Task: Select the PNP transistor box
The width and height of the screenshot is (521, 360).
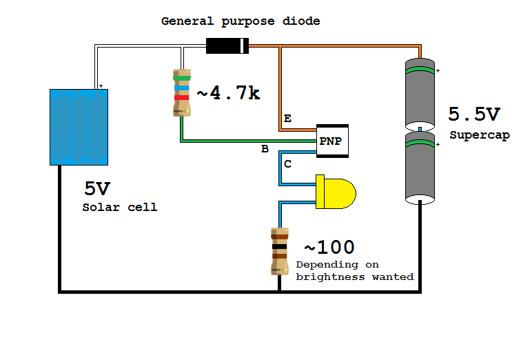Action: pos(332,141)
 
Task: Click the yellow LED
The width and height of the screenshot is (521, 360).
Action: pos(335,192)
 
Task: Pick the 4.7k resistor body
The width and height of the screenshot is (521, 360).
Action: pos(182,93)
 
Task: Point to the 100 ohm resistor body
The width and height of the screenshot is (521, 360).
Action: pos(279,250)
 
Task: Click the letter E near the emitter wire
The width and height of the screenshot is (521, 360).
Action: pos(287,119)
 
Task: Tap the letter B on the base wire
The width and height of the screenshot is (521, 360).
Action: pos(265,148)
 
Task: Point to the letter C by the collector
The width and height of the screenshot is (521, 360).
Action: pos(287,163)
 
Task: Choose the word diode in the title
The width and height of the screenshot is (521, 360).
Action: pos(301,21)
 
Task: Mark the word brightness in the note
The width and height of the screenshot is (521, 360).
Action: pos(327,277)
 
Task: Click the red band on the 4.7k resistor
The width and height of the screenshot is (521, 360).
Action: pos(182,98)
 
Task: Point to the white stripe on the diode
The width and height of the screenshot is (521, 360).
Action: pos(242,46)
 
